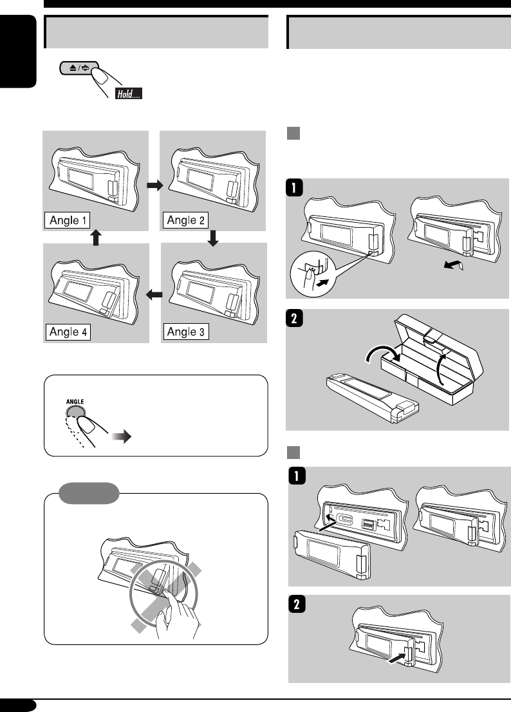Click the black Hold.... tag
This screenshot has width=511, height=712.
129,94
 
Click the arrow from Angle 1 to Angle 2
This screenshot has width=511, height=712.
154,185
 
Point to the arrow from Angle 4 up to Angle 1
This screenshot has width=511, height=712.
96,238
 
